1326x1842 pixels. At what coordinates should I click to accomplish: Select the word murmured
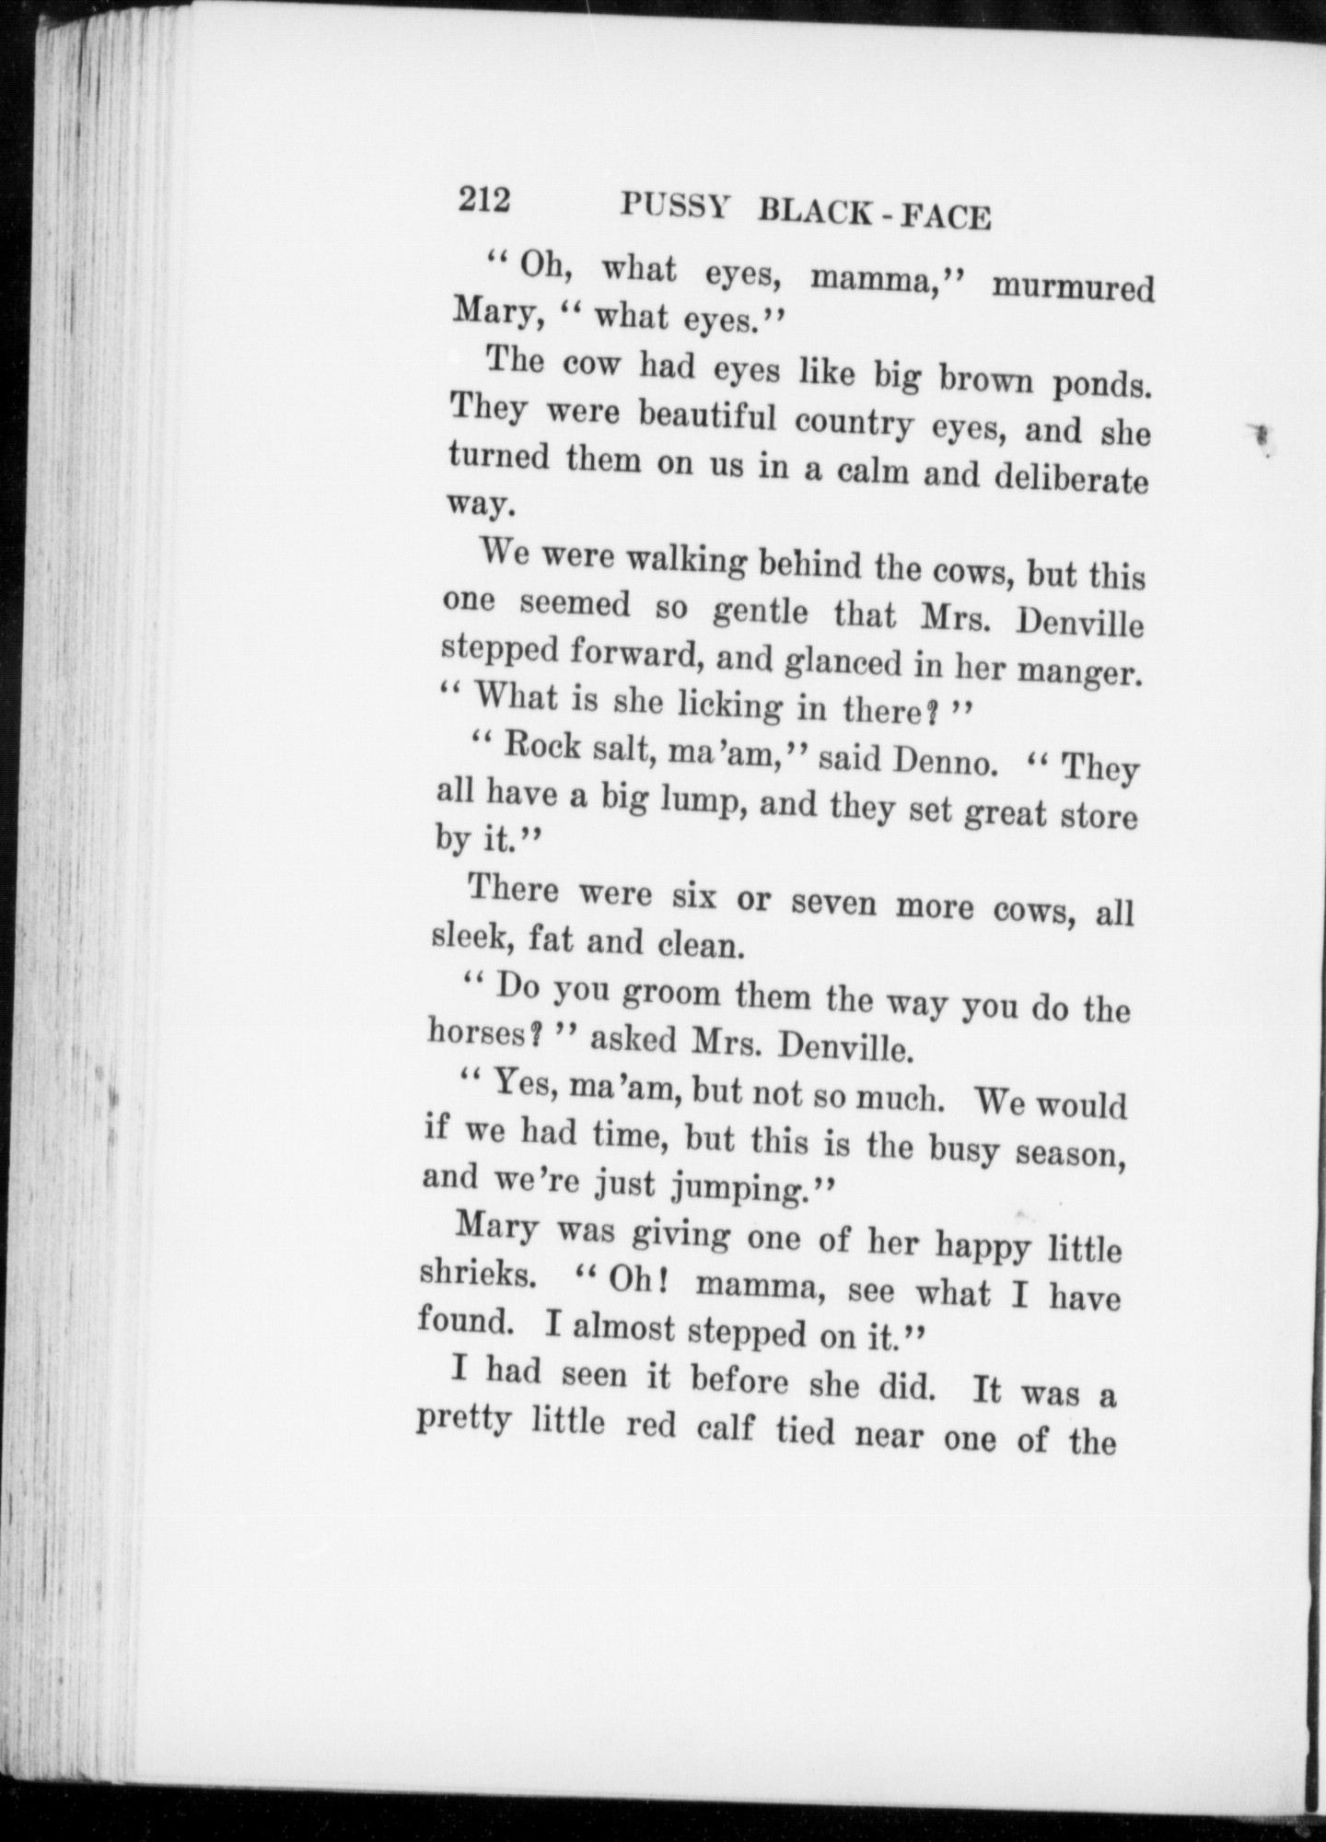(1072, 288)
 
